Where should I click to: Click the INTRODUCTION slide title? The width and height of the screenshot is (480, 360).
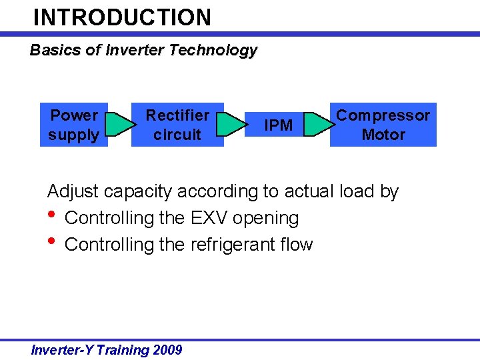click(x=122, y=17)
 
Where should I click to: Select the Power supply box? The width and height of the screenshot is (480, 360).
click(x=73, y=125)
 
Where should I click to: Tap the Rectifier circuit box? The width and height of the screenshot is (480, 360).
click(x=177, y=125)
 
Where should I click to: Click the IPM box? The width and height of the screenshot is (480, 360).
click(x=278, y=125)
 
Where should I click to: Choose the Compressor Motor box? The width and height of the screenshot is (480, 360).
click(x=383, y=125)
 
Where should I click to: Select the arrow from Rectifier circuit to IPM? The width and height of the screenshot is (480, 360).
click(x=232, y=125)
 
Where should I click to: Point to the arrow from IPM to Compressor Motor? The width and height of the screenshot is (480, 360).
click(x=319, y=125)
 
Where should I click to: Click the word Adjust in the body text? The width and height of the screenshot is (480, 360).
click(x=73, y=192)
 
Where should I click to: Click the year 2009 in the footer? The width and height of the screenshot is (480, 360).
click(x=167, y=350)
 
